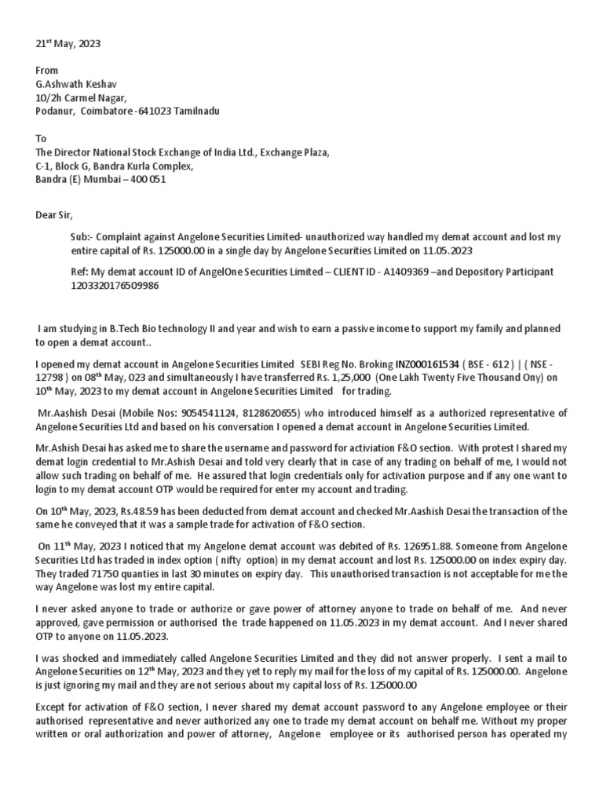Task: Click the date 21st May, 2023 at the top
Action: click(68, 44)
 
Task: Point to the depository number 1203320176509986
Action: click(115, 285)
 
